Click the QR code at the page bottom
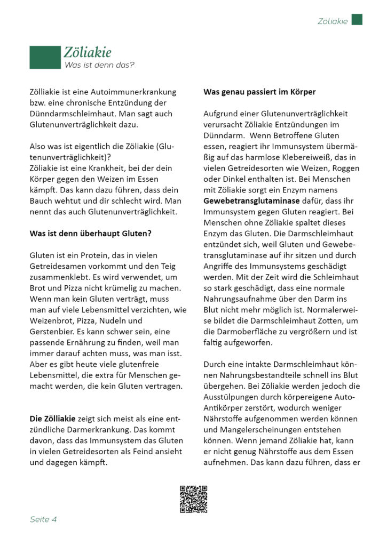(x=193, y=500)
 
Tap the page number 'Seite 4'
(x=43, y=519)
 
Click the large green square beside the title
(x=45, y=57)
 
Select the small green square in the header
(x=357, y=20)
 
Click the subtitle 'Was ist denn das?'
(x=99, y=65)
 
